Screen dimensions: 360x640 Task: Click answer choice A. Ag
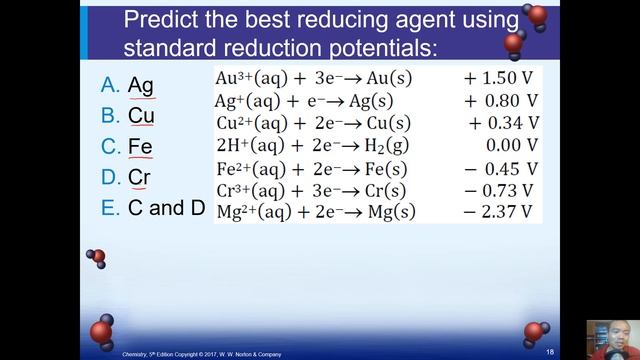pyautogui.click(x=129, y=86)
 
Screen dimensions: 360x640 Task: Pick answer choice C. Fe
pyautogui.click(x=129, y=148)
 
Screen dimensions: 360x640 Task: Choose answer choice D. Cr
pyautogui.click(x=129, y=179)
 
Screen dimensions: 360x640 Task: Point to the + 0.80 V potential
pyautogui.click(x=502, y=101)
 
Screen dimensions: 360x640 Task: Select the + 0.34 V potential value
pyautogui.click(x=504, y=124)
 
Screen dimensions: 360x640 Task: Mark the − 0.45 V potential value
pyautogui.click(x=502, y=169)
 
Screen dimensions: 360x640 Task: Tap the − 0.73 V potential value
pyautogui.click(x=502, y=190)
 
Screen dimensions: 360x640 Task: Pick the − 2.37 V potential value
pyautogui.click(x=502, y=212)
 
